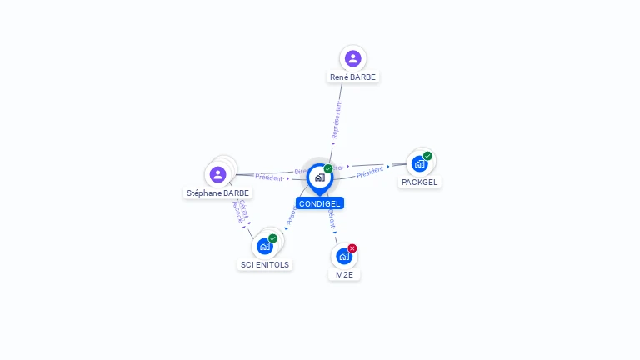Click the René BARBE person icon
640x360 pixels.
pyautogui.click(x=352, y=58)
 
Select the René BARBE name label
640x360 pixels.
pyautogui.click(x=352, y=77)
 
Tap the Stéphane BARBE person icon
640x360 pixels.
pyautogui.click(x=217, y=174)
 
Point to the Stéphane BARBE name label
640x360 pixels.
pyautogui.click(x=217, y=192)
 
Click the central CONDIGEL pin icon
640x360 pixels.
pyautogui.click(x=319, y=177)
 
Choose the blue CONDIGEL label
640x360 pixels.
pyautogui.click(x=319, y=203)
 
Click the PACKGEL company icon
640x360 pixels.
pyautogui.click(x=419, y=163)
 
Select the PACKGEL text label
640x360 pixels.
pyautogui.click(x=419, y=182)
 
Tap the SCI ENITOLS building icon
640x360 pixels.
pyautogui.click(x=265, y=246)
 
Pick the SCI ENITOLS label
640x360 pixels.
pyautogui.click(x=265, y=264)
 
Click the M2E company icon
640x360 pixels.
pyautogui.click(x=344, y=256)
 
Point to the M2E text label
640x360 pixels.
pyautogui.click(x=344, y=274)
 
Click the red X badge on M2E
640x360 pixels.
pyautogui.click(x=352, y=248)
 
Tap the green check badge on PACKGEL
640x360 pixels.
pyautogui.click(x=427, y=156)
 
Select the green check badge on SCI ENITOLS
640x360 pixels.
pyautogui.click(x=272, y=238)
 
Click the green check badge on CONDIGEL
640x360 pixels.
pyautogui.click(x=328, y=168)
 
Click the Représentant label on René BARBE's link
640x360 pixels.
pyautogui.click(x=337, y=121)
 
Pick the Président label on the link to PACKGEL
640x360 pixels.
pyautogui.click(x=370, y=172)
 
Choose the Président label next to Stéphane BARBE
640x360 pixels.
pyautogui.click(x=269, y=177)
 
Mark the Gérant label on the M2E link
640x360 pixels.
pyautogui.click(x=331, y=218)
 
